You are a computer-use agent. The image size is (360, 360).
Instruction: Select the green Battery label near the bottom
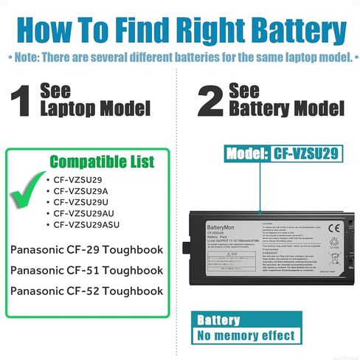(x=218, y=319)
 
